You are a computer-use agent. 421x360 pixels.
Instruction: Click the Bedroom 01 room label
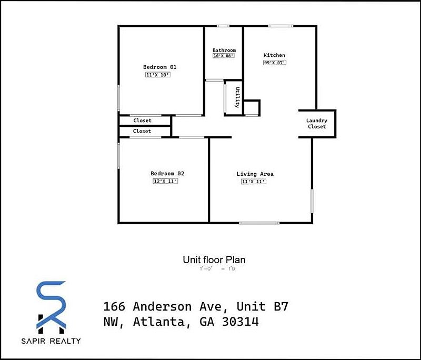[x=159, y=67]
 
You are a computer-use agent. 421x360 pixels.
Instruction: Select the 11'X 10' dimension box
[x=158, y=75]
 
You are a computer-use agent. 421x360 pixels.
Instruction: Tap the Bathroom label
[x=224, y=51]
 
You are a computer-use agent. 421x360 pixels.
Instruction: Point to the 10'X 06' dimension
[x=223, y=56]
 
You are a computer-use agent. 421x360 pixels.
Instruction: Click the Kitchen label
[x=274, y=55]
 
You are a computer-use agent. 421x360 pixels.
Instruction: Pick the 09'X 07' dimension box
[x=274, y=63]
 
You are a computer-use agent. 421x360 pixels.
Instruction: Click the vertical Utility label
[x=238, y=97]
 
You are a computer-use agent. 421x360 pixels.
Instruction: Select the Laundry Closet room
[x=317, y=124]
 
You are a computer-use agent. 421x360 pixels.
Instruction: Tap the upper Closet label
[x=142, y=121]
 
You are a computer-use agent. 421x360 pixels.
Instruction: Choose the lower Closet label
[x=142, y=131]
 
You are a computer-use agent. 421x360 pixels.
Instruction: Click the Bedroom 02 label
[x=167, y=174]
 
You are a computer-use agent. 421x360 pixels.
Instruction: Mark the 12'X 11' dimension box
[x=165, y=181]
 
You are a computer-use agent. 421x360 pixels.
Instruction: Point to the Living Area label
[x=255, y=174]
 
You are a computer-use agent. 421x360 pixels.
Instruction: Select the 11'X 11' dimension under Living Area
[x=253, y=182]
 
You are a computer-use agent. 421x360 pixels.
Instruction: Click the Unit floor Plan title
[x=214, y=259]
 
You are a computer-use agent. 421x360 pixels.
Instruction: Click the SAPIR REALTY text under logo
[x=51, y=341]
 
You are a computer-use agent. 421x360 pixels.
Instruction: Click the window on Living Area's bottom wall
[x=259, y=223]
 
